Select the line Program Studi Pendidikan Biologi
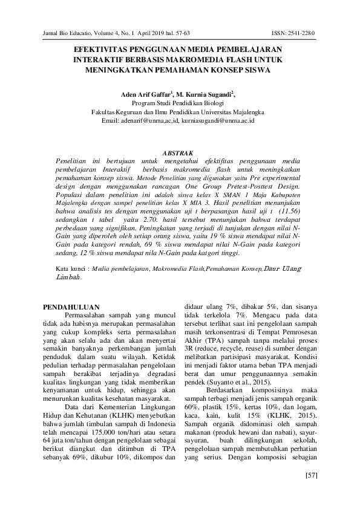[179, 103]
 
